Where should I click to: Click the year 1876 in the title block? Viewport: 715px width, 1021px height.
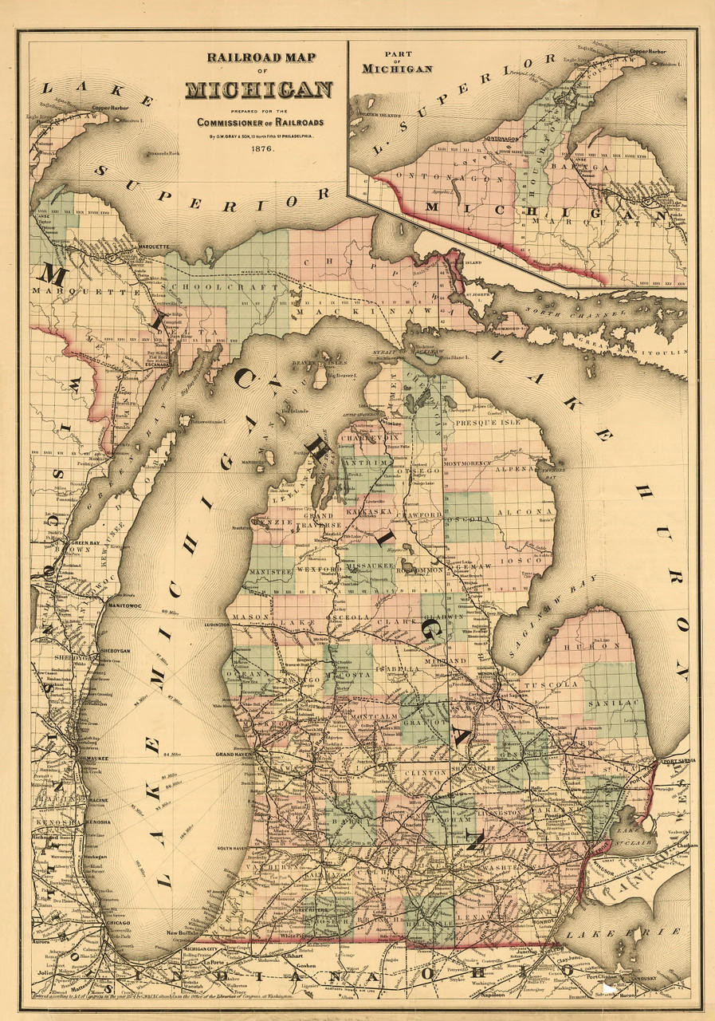[x=262, y=148]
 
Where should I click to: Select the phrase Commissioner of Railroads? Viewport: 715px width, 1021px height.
[x=262, y=121]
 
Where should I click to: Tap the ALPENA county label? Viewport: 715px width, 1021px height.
[x=519, y=470]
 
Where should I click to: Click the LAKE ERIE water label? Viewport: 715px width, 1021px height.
[x=643, y=932]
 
